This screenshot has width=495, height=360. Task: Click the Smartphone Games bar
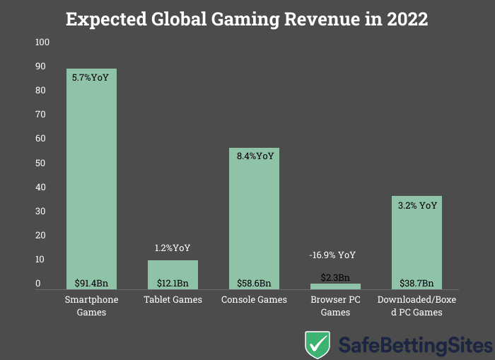(91, 177)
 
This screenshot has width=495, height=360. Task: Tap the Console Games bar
(254, 212)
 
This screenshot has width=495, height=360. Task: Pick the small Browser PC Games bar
(335, 286)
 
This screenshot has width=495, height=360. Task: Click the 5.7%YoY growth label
(91, 78)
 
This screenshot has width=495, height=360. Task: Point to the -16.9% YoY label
(332, 255)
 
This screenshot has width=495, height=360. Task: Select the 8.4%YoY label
(254, 156)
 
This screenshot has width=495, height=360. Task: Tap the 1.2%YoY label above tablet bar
(173, 248)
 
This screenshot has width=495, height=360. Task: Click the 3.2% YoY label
(417, 206)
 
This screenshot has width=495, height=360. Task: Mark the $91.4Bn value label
(91, 283)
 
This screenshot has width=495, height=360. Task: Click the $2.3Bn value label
(335, 277)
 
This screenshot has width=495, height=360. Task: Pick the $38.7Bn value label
(417, 283)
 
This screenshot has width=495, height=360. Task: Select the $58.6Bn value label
(254, 283)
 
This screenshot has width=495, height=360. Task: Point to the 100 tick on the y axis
(42, 42)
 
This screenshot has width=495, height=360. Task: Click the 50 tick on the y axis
(42, 163)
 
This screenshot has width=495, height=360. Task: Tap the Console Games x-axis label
(254, 300)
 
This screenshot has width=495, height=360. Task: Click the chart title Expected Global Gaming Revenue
(247, 19)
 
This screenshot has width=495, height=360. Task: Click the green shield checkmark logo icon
(318, 344)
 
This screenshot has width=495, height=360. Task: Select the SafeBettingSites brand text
(414, 346)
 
